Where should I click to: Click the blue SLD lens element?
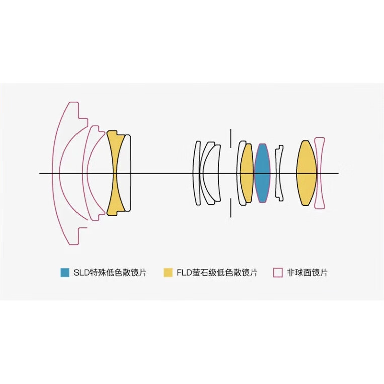[x=262, y=173]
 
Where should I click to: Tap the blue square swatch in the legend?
[x=65, y=273]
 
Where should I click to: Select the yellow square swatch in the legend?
[x=168, y=273]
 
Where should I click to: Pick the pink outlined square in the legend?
[x=278, y=273]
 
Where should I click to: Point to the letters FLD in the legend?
[x=184, y=273]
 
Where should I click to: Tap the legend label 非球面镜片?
[x=307, y=273]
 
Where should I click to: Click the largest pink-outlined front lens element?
[x=56, y=173]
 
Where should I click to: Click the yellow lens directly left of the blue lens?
[x=247, y=173]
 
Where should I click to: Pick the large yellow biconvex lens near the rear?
[x=306, y=173]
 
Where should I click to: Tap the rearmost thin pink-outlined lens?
[x=320, y=173]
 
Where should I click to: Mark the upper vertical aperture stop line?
[x=230, y=138]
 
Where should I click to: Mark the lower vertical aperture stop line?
[x=230, y=208]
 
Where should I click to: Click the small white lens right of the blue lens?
[x=279, y=173]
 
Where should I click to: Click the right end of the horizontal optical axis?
[x=339, y=173]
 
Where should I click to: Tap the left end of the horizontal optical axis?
[x=39, y=173]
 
